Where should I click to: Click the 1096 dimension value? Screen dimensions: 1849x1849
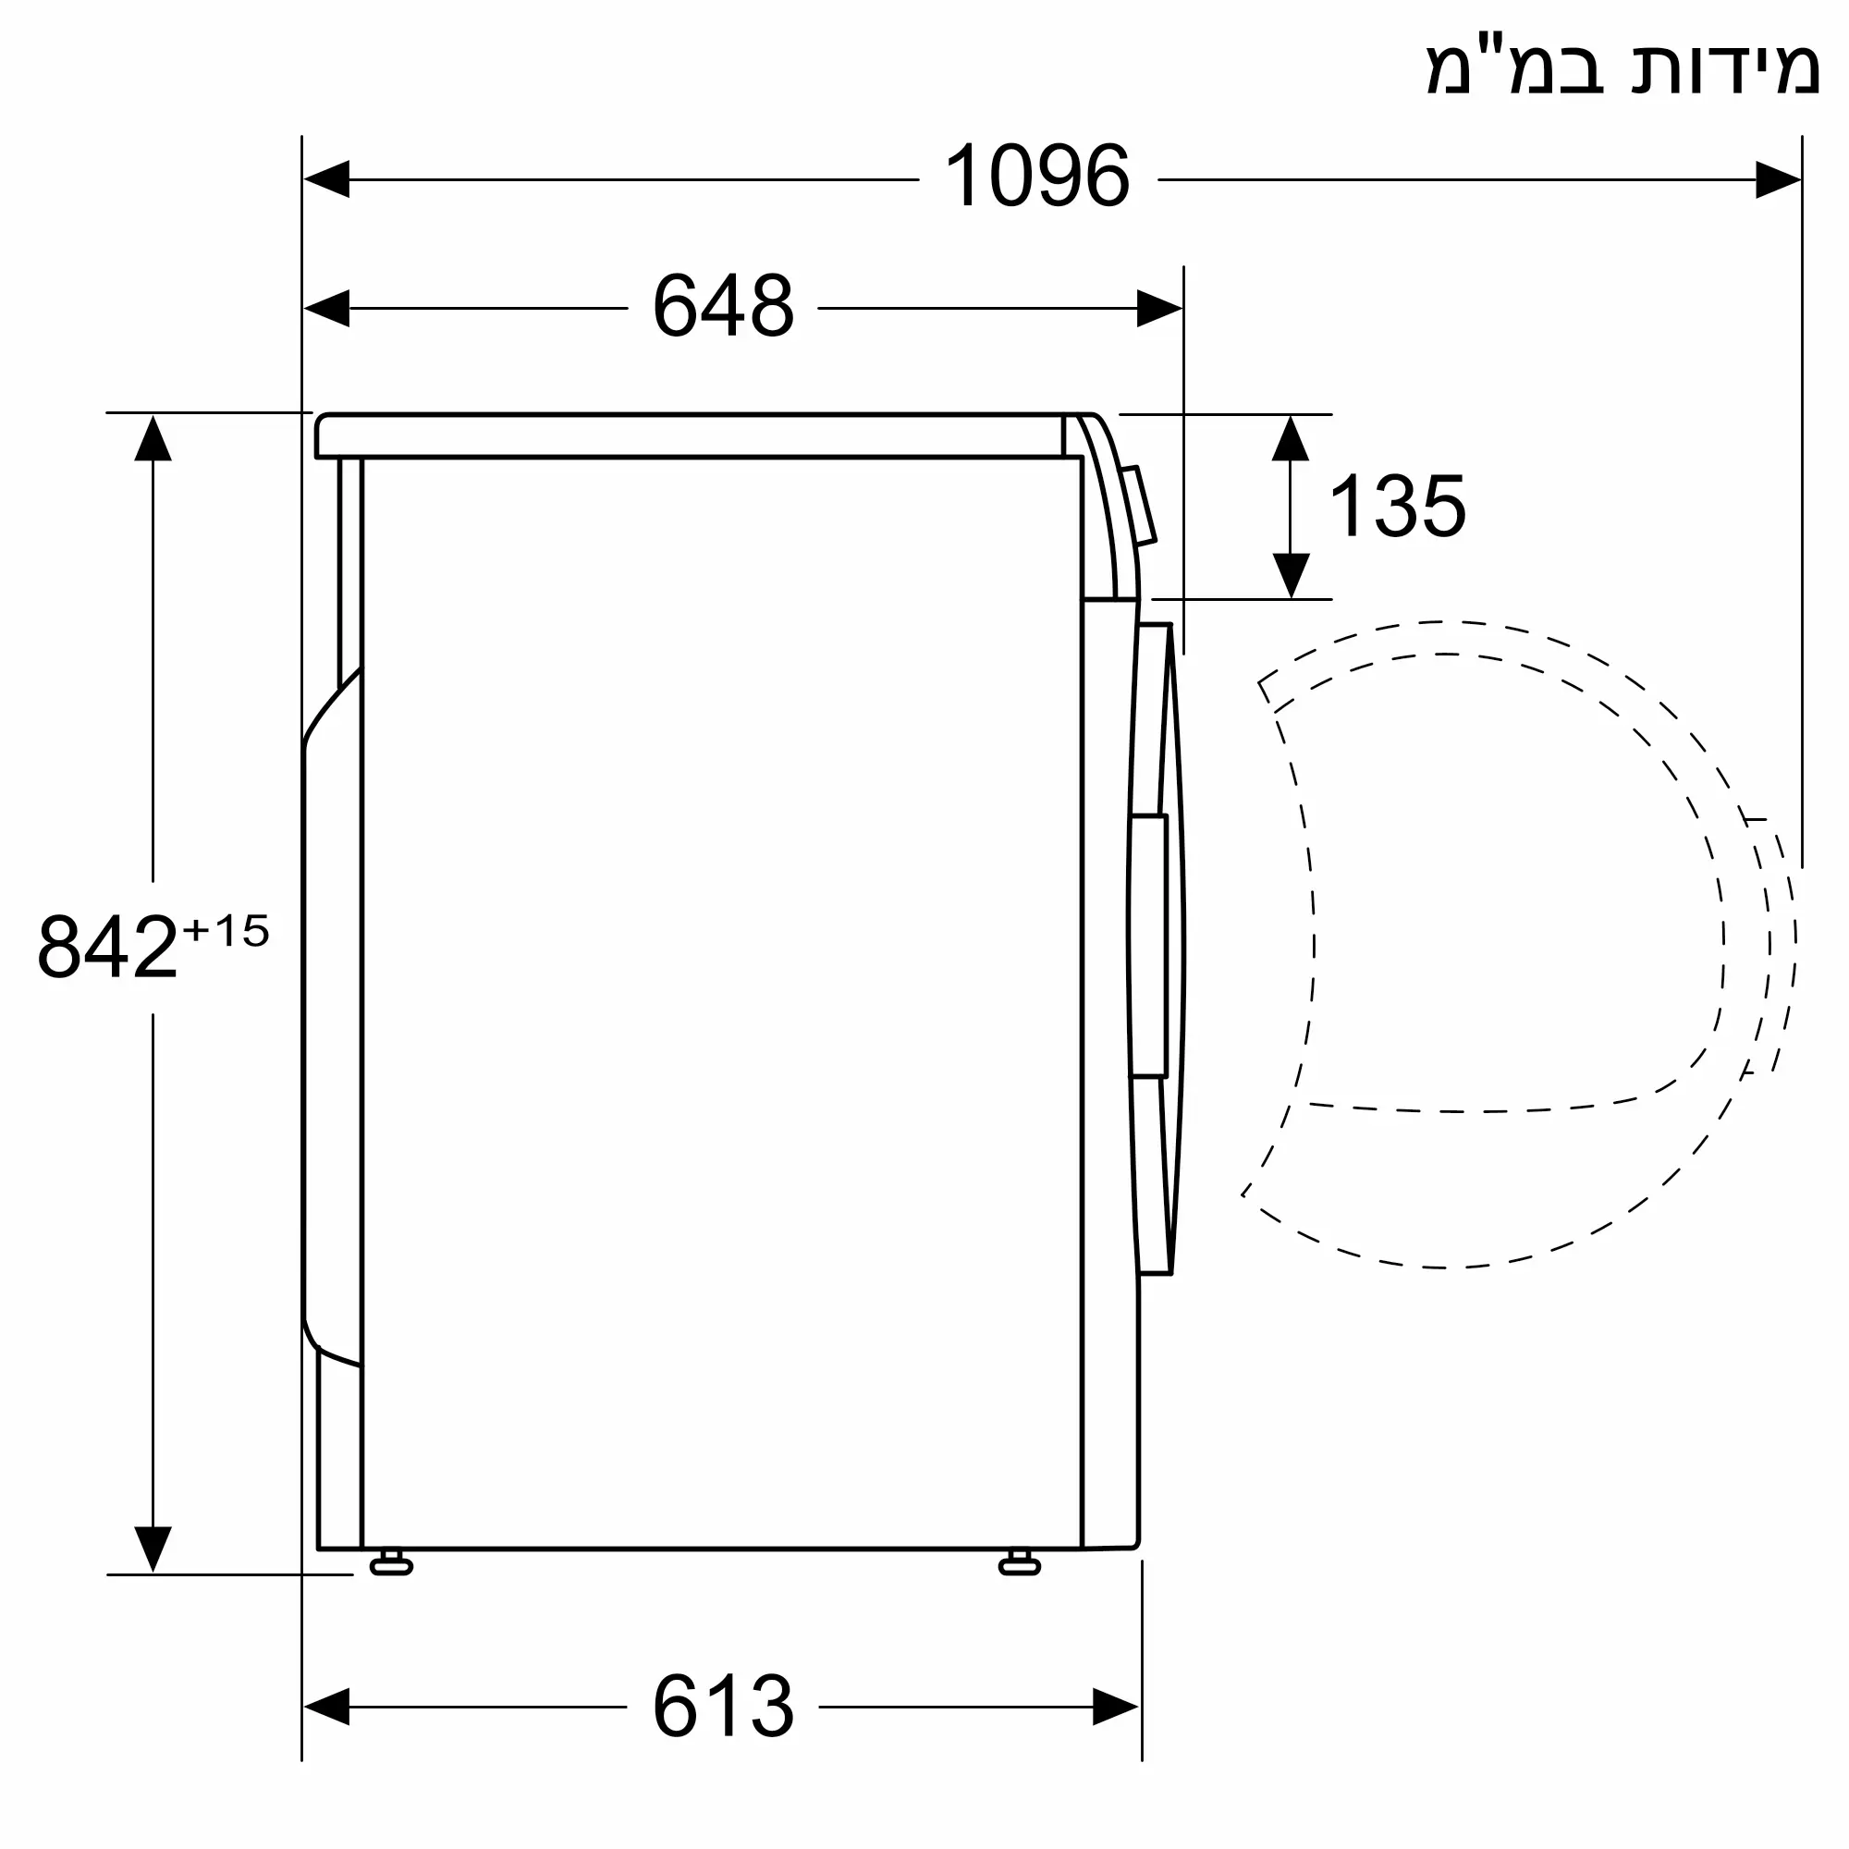(x=1037, y=176)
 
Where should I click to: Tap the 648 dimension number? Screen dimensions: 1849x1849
(x=724, y=306)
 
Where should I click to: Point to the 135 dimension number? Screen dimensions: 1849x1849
(x=1397, y=507)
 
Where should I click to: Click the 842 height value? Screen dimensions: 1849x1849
(x=107, y=947)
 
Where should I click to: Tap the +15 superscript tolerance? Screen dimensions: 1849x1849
(x=226, y=931)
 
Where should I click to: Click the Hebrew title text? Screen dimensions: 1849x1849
(x=1623, y=67)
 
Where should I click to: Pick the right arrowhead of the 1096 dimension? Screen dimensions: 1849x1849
(x=1778, y=179)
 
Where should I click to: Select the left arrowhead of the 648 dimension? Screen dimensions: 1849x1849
(x=326, y=308)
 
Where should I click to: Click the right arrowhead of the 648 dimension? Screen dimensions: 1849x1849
(x=1160, y=308)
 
